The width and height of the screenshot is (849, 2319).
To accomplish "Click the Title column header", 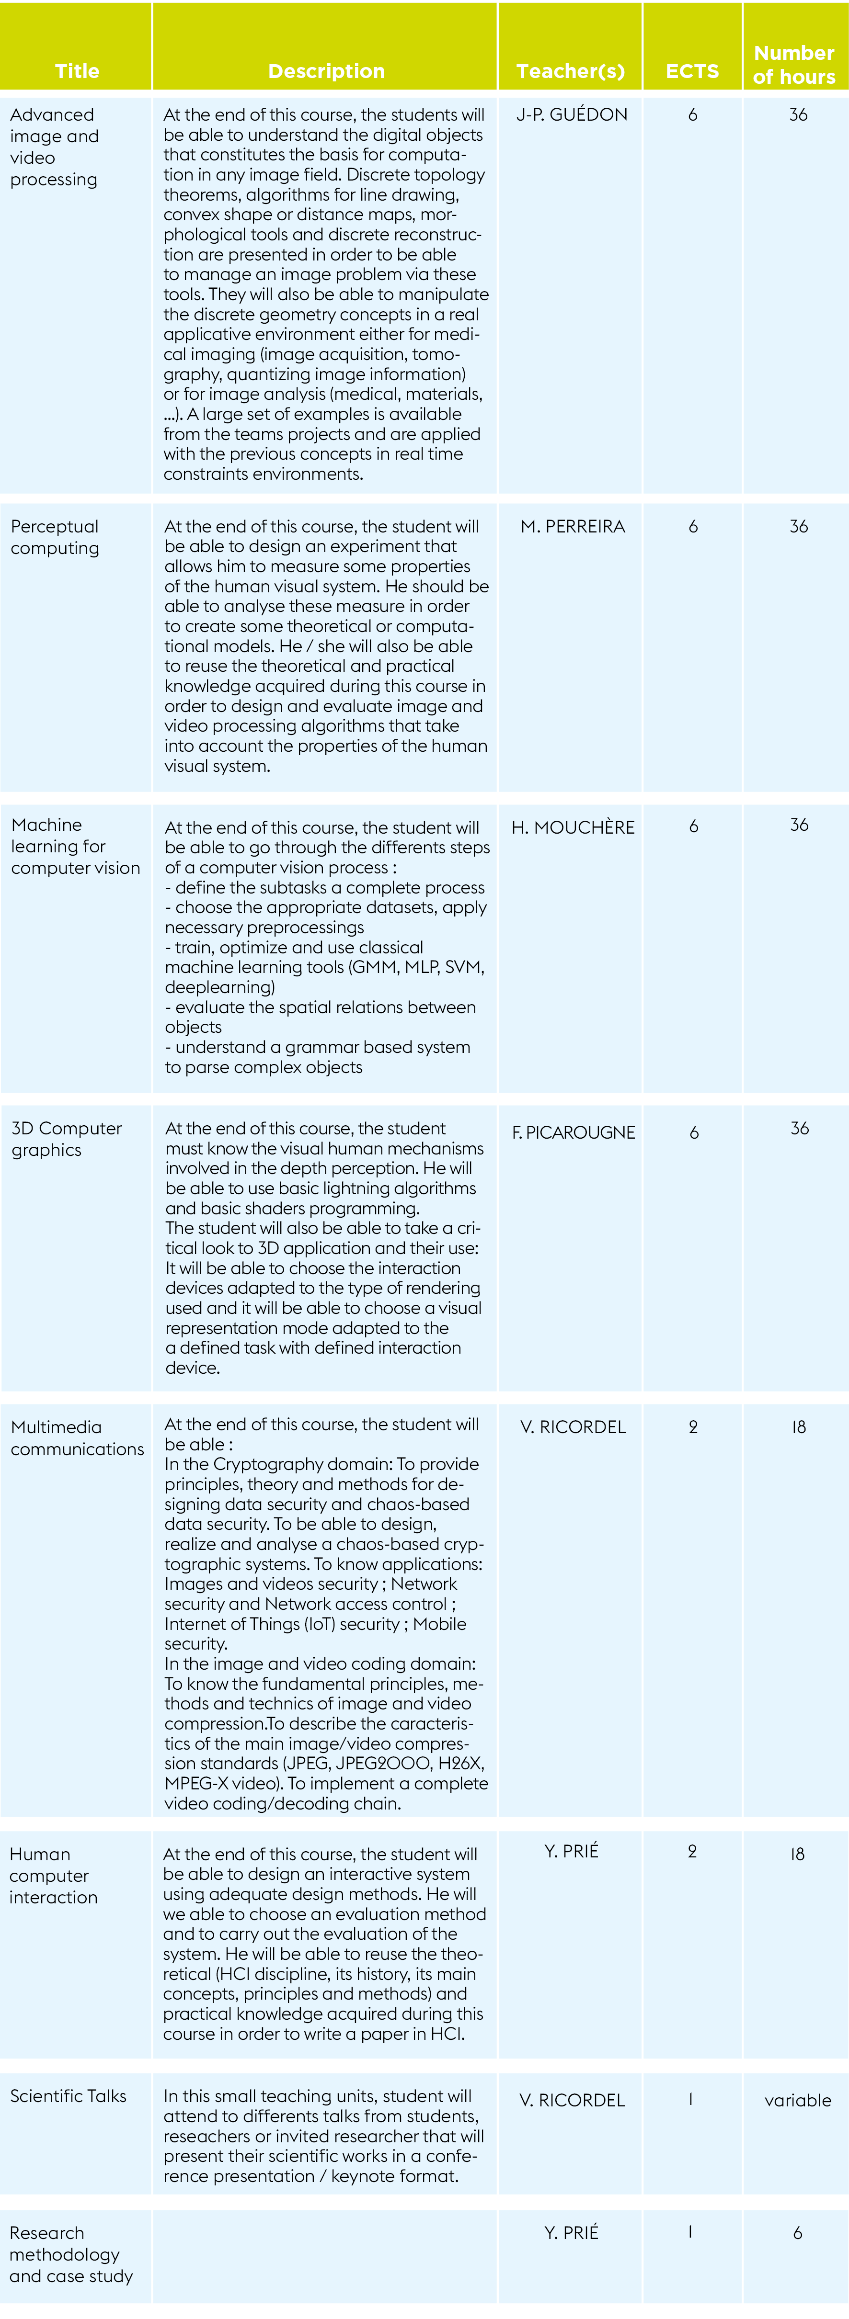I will click(x=77, y=71).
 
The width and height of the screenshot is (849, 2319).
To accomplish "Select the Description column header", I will click(x=326, y=71).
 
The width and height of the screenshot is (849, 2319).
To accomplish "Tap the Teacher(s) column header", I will click(x=570, y=71).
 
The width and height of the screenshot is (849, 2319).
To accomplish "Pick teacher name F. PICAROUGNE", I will click(x=574, y=1132).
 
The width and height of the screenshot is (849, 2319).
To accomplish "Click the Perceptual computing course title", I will click(x=55, y=537).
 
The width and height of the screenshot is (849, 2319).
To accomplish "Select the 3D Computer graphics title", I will click(x=66, y=1139).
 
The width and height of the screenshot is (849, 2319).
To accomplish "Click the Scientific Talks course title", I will click(x=69, y=2096).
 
